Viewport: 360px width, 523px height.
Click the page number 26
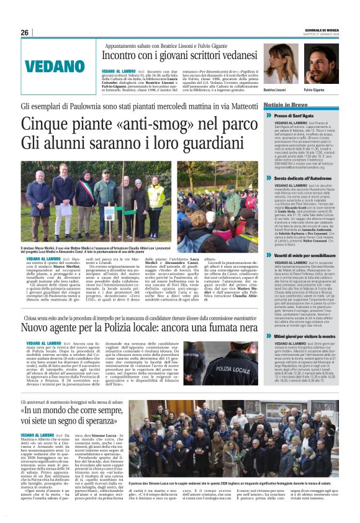[25, 33]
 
